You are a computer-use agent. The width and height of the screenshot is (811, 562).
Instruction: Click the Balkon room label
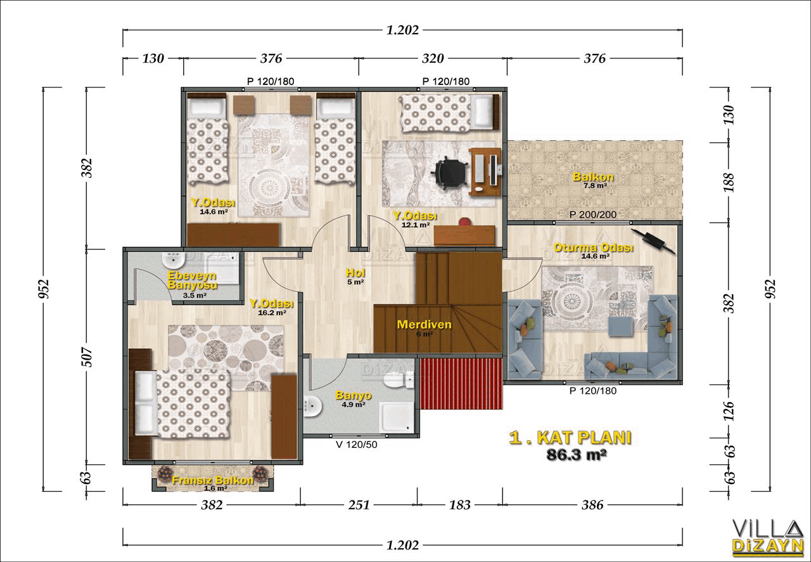pos(592,177)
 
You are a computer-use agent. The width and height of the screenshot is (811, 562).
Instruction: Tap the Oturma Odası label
pos(594,247)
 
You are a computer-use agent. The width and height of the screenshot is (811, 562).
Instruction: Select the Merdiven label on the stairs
pos(425,324)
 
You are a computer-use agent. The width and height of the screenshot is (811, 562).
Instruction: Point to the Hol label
pos(355,273)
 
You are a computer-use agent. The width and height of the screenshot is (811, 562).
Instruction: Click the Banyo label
pos(354,395)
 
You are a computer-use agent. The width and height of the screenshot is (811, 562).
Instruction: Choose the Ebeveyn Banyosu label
pos(192,280)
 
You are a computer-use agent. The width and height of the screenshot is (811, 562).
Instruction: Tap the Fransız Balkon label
pos(212,480)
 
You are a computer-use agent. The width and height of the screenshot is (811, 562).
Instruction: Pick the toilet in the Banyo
pos(399,380)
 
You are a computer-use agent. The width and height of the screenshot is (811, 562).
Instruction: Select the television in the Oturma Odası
pos(653,241)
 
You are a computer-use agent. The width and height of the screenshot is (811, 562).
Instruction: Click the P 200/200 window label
pos(592,214)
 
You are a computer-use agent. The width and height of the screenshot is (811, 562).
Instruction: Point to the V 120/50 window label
pos(356,445)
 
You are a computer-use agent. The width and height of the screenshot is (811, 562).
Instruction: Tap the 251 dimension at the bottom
pos(359,505)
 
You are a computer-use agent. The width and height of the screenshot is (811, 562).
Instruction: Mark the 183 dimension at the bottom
pos(459,505)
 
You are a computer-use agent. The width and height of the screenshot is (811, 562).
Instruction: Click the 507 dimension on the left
pos(88,356)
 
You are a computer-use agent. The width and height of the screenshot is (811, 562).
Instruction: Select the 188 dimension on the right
pos(729,183)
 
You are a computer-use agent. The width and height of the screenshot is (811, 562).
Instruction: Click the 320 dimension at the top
pos(433,58)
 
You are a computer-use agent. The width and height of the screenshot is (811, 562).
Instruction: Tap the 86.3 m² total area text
pos(577,454)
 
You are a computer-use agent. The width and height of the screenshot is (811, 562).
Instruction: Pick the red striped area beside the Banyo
pos(461,384)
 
